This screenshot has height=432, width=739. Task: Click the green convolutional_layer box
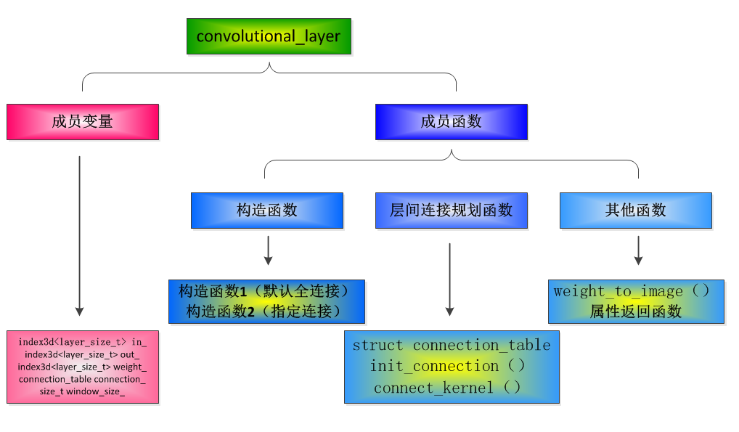click(269, 36)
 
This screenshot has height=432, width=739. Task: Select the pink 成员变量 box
click(83, 121)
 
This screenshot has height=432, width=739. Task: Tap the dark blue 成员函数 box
click(451, 121)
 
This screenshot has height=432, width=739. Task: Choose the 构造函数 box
click(266, 211)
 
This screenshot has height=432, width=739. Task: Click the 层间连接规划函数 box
click(451, 211)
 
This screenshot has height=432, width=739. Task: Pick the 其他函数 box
click(635, 211)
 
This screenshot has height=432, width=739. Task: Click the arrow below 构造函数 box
click(268, 250)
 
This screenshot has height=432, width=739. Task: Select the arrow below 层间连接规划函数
click(450, 280)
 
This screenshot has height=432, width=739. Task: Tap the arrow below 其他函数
click(638, 250)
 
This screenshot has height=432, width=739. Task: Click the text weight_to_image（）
click(631, 291)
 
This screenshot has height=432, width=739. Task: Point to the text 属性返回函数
click(635, 311)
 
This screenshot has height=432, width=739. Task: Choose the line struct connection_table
click(451, 346)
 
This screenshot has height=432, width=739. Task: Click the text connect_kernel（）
click(447, 388)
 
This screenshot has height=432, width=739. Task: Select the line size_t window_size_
click(82, 392)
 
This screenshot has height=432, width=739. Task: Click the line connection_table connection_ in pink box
click(82, 380)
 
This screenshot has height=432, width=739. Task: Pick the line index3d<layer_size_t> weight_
click(82, 367)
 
